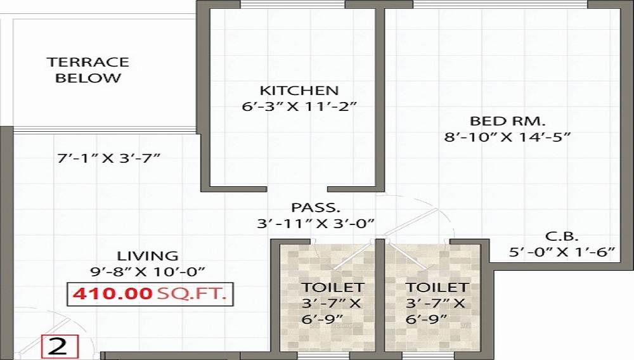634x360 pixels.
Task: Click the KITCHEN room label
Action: [x=299, y=91]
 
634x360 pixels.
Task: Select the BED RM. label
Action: [x=508, y=121]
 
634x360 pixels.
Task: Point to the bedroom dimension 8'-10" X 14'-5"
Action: [x=508, y=136]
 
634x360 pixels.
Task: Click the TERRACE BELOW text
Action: [x=87, y=70]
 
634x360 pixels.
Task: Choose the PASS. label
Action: [x=316, y=207]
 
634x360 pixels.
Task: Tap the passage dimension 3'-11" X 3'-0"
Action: [x=316, y=223]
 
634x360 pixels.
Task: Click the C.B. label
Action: [x=561, y=237]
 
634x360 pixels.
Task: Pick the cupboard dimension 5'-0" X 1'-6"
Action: [x=561, y=252]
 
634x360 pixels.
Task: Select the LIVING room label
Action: [x=138, y=256]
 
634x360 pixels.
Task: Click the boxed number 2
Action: [x=59, y=347]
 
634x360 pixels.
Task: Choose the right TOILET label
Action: [x=437, y=288]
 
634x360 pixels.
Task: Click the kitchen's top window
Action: [x=292, y=4]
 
